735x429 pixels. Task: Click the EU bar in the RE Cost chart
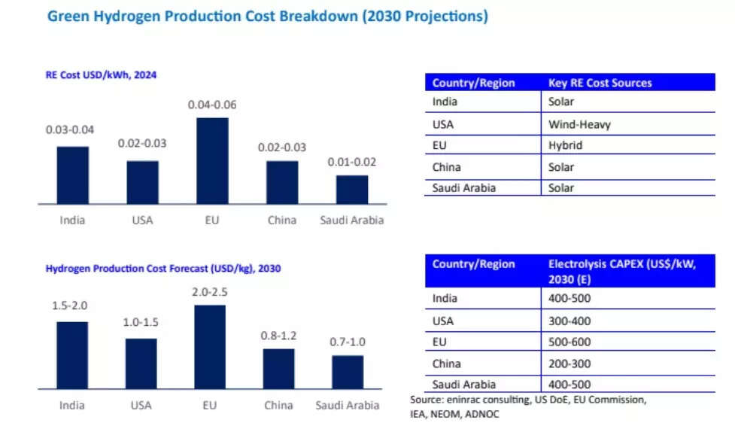[212, 160]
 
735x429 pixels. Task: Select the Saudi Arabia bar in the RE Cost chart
[352, 190]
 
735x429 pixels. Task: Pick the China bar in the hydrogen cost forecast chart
[278, 369]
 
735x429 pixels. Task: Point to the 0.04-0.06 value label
[212, 105]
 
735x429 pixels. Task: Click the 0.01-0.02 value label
[352, 162]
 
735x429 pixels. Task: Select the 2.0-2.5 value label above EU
[209, 291]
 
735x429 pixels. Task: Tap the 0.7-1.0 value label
[348, 342]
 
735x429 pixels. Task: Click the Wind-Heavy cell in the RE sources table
[580, 124]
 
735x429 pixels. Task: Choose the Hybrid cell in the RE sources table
[566, 145]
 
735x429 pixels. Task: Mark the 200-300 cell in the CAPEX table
[569, 364]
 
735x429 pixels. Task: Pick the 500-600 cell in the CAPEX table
[569, 342]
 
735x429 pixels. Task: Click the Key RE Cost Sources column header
[600, 83]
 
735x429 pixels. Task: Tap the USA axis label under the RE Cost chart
[142, 220]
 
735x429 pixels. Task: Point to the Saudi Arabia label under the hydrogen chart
[347, 405]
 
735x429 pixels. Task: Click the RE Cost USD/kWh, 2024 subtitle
[101, 75]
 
